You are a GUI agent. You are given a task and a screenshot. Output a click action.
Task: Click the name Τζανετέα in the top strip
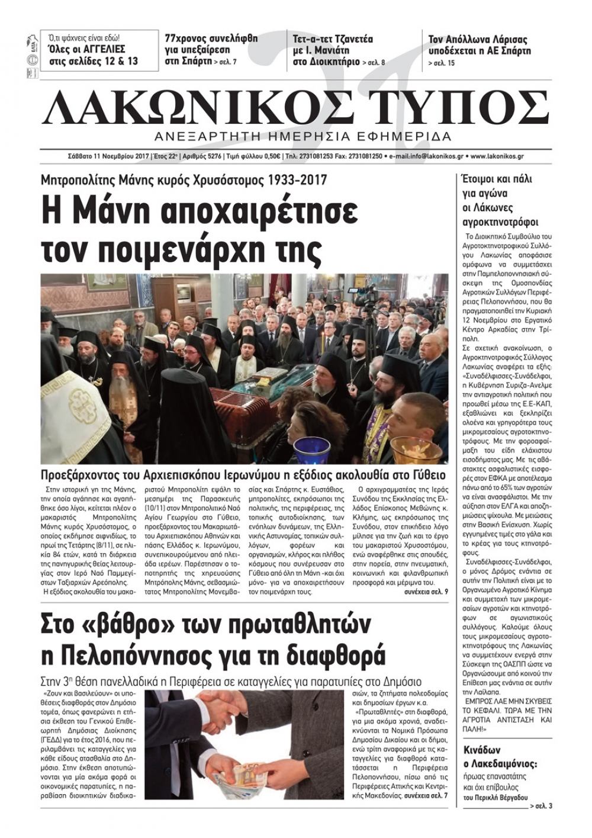[x=350, y=40]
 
